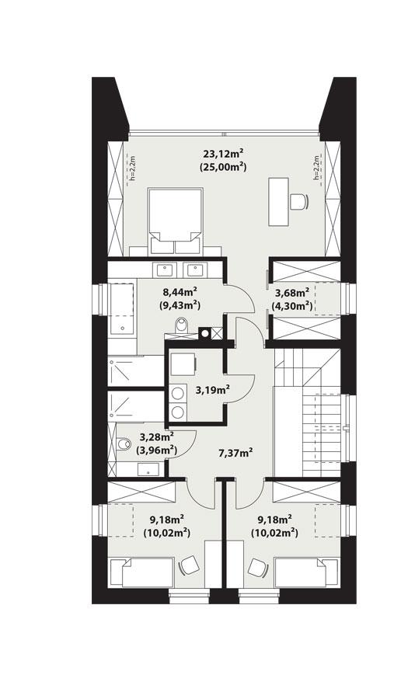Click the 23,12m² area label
(x=223, y=155)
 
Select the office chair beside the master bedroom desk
(x=298, y=201)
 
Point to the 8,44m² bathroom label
(x=180, y=293)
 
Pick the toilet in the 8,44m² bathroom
(x=182, y=325)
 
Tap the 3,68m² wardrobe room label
(x=292, y=293)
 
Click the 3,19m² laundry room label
(x=212, y=391)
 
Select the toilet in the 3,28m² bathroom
(x=124, y=444)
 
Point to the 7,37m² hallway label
(x=236, y=454)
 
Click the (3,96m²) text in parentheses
(x=156, y=450)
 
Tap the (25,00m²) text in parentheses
(x=223, y=168)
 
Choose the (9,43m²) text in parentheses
(x=180, y=306)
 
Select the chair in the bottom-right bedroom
(x=257, y=568)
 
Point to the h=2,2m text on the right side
(x=316, y=168)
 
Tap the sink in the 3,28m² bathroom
(x=148, y=469)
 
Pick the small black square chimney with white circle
(x=204, y=332)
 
